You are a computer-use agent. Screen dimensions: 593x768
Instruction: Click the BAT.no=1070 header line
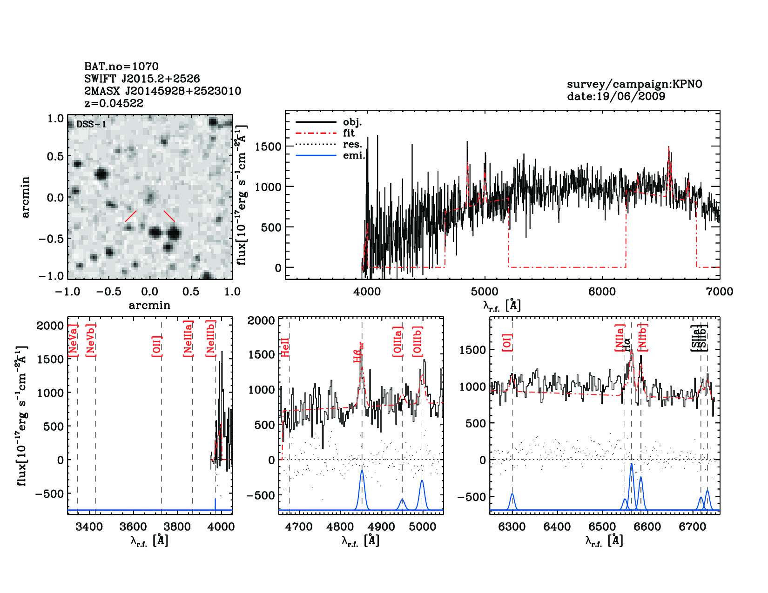[121, 67]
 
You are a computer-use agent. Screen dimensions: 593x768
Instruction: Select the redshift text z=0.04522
[114, 103]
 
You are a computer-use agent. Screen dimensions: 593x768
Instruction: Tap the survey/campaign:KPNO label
[634, 84]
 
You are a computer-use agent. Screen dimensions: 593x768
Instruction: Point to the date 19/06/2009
[616, 96]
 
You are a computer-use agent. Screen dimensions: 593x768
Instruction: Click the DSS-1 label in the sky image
[91, 124]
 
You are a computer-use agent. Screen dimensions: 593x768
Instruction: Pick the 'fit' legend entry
[348, 133]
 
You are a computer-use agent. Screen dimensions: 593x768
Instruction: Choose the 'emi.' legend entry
[354, 155]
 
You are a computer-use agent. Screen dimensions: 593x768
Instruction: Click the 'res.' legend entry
[352, 144]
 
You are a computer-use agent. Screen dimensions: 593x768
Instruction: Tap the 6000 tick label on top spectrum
[602, 292]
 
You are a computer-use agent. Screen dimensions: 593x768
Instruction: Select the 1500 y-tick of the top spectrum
[269, 147]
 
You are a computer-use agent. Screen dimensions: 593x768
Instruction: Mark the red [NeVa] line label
[73, 340]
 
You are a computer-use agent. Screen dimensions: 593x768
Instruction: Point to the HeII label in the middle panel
[285, 347]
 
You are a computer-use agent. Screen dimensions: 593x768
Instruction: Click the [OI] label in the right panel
[507, 342]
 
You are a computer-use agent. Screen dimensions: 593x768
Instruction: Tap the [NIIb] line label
[643, 337]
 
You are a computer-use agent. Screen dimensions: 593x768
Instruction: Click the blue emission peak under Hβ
[362, 472]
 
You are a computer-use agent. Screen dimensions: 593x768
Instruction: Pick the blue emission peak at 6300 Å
[512, 495]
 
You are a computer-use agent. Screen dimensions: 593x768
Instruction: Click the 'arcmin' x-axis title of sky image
[149, 305]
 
